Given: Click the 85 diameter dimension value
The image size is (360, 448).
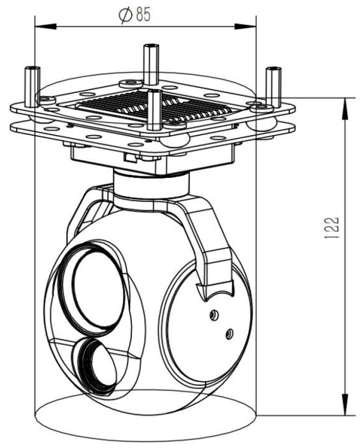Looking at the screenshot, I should (143, 15).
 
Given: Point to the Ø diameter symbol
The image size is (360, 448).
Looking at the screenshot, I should (125, 15).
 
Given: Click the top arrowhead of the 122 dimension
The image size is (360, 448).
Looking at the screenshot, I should (347, 107).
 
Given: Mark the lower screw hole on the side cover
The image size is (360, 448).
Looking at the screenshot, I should (229, 333).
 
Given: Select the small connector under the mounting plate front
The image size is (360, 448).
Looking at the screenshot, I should (130, 157).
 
